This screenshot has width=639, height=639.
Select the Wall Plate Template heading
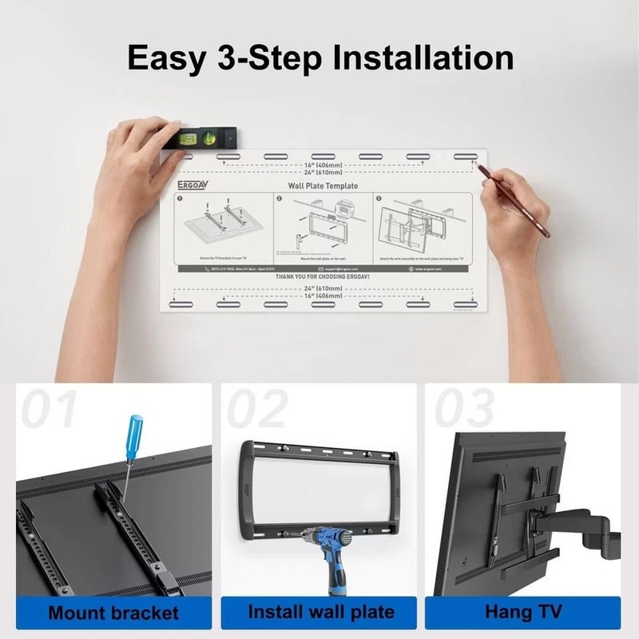coord(323,185)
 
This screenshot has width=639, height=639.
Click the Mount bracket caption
coord(113,613)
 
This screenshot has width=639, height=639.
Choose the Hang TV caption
coord(523,613)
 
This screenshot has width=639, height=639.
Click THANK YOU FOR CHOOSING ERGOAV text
coord(323,276)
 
